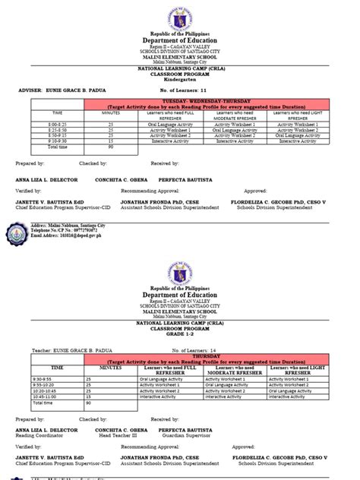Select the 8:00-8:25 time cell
(x=41, y=122)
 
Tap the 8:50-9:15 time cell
(x=41, y=134)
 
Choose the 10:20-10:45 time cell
(x=44, y=390)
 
